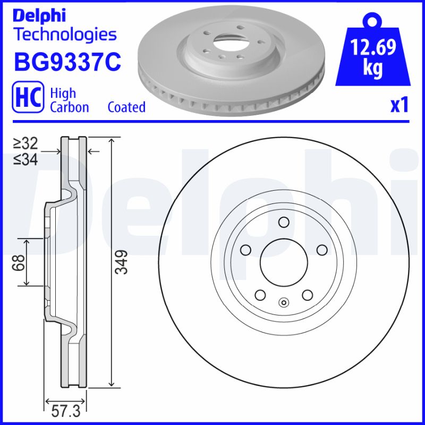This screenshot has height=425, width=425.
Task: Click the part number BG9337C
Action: click(67, 62)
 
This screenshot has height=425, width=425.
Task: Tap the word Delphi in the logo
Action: click(39, 16)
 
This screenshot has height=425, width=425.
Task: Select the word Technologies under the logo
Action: click(66, 35)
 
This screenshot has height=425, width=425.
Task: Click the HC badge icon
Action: click(28, 97)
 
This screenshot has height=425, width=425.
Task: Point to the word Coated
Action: click(126, 107)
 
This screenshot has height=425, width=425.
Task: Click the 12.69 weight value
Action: click(373, 47)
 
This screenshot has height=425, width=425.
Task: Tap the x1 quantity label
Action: click(399, 105)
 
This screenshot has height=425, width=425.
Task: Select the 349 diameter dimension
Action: click(121, 262)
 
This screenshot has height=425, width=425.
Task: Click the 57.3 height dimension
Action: click(66, 412)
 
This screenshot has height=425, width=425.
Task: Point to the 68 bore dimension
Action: click(19, 262)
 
